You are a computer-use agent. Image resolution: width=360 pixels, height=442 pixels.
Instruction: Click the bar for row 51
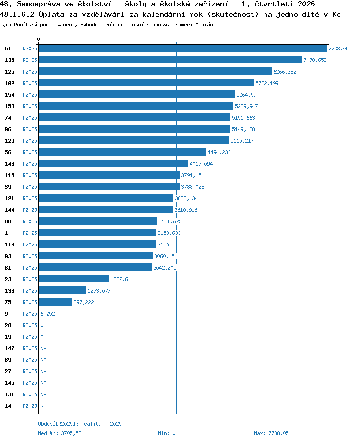click(x=183, y=49)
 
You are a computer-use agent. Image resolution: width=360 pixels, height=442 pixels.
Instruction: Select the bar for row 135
click(x=170, y=60)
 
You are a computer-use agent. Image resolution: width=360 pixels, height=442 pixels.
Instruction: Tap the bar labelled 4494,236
click(x=122, y=152)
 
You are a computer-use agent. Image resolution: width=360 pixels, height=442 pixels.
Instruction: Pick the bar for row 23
click(x=74, y=279)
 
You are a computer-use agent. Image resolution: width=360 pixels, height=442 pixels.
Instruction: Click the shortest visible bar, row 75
click(x=56, y=302)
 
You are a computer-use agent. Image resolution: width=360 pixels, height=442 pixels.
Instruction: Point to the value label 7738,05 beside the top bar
click(x=338, y=49)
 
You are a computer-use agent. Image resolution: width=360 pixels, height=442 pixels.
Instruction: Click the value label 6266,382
click(x=285, y=72)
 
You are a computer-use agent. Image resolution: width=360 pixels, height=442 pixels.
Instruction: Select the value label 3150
click(x=163, y=245)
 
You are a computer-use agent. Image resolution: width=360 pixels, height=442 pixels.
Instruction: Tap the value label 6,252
click(x=48, y=314)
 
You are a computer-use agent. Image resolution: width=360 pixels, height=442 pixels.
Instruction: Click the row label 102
click(x=9, y=83)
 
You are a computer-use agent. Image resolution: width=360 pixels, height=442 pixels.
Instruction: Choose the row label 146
click(x=9, y=164)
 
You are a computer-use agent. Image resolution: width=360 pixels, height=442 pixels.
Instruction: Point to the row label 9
click(x=6, y=314)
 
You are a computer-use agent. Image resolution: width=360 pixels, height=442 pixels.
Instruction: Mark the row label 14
click(x=8, y=406)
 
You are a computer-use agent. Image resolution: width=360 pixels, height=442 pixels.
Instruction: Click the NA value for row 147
click(x=43, y=348)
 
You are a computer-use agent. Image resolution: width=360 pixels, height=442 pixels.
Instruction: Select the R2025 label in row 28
click(x=30, y=325)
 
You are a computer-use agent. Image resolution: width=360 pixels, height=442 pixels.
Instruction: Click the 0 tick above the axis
click(x=38, y=39)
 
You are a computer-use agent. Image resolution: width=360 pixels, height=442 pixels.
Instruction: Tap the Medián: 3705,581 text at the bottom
click(x=61, y=433)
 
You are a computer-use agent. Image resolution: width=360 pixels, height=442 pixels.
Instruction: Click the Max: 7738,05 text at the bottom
click(x=271, y=433)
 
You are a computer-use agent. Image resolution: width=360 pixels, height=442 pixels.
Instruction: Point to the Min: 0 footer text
click(x=167, y=433)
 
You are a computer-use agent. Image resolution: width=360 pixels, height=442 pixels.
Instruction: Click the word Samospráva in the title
click(x=38, y=4)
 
